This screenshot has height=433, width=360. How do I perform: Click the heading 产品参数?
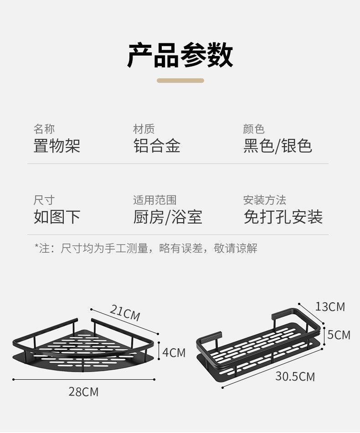coord(180,55)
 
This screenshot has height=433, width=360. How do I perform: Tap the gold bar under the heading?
coord(180,81)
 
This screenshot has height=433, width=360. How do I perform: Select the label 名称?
coord(44,129)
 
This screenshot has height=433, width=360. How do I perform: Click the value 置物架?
coord(57,146)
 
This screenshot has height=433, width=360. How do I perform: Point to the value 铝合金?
coord(157,146)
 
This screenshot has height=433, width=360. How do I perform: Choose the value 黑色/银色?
coord(278,146)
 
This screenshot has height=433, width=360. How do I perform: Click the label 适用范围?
coord(154,200)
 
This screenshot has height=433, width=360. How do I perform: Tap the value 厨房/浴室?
coord(168,217)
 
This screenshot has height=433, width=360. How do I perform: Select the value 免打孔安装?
coord(283,217)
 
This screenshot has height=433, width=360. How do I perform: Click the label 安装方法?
coord(264,200)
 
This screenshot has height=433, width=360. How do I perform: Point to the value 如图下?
coord(57,217)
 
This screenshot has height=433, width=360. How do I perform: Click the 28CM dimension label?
coord(83,392)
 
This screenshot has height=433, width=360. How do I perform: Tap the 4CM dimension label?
coord(174,352)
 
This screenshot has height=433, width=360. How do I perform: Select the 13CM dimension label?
coord(330,306)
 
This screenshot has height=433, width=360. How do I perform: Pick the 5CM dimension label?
coord(339,335)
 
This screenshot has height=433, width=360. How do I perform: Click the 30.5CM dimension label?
coord(295,377)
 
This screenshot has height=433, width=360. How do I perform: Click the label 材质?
coord(144,129)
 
